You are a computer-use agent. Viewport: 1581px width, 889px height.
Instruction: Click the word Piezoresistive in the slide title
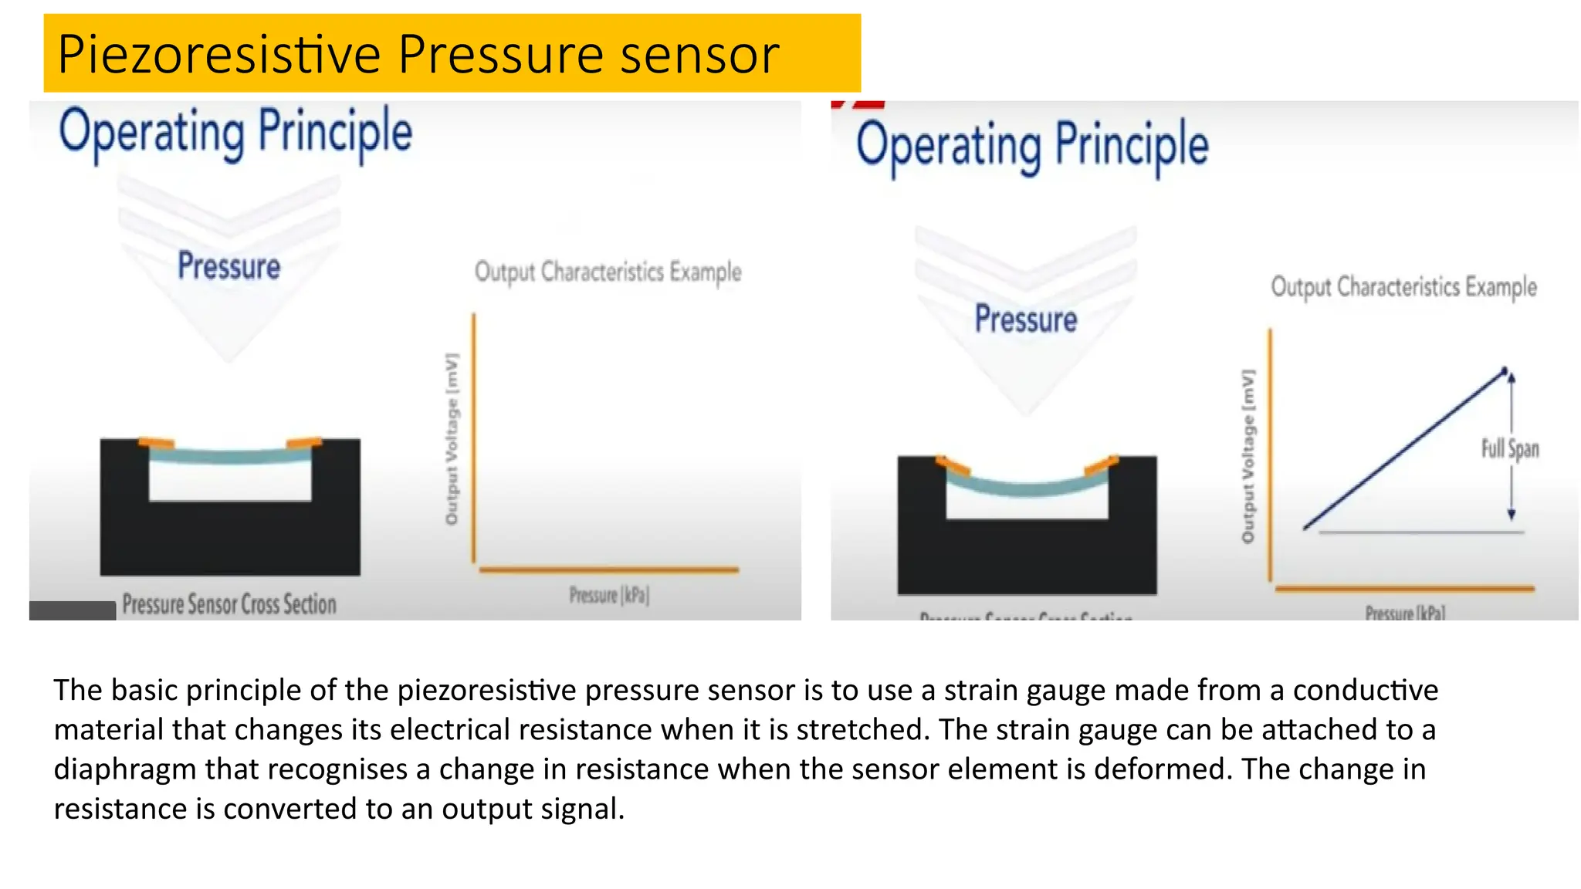pos(218,55)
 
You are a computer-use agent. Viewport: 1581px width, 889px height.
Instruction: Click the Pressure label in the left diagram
pos(229,266)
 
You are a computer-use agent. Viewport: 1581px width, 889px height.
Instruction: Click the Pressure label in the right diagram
pos(1025,319)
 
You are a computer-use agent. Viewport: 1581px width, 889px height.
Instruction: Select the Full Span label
pos(1509,448)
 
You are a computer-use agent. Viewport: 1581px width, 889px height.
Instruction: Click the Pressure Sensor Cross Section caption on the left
pos(229,604)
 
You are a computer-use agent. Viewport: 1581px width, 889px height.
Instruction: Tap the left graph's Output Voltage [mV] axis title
pos(452,440)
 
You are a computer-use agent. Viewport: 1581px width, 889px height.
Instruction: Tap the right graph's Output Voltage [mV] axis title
pos(1248,456)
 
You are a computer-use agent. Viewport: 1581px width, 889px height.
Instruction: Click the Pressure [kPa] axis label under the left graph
pos(609,595)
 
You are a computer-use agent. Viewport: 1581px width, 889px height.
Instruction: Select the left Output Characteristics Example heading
pos(608,272)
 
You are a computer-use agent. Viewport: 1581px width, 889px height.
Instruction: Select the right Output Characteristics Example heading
pos(1403,287)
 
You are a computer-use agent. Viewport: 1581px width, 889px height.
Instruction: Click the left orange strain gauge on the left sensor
pos(157,443)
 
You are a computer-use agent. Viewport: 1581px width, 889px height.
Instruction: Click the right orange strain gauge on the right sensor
pos(1101,465)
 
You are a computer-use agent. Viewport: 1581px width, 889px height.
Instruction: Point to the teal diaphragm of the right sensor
pos(1027,488)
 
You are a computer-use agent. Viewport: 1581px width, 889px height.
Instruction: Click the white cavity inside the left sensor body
pos(230,482)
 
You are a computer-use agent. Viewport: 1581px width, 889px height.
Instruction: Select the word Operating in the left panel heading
pos(152,133)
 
